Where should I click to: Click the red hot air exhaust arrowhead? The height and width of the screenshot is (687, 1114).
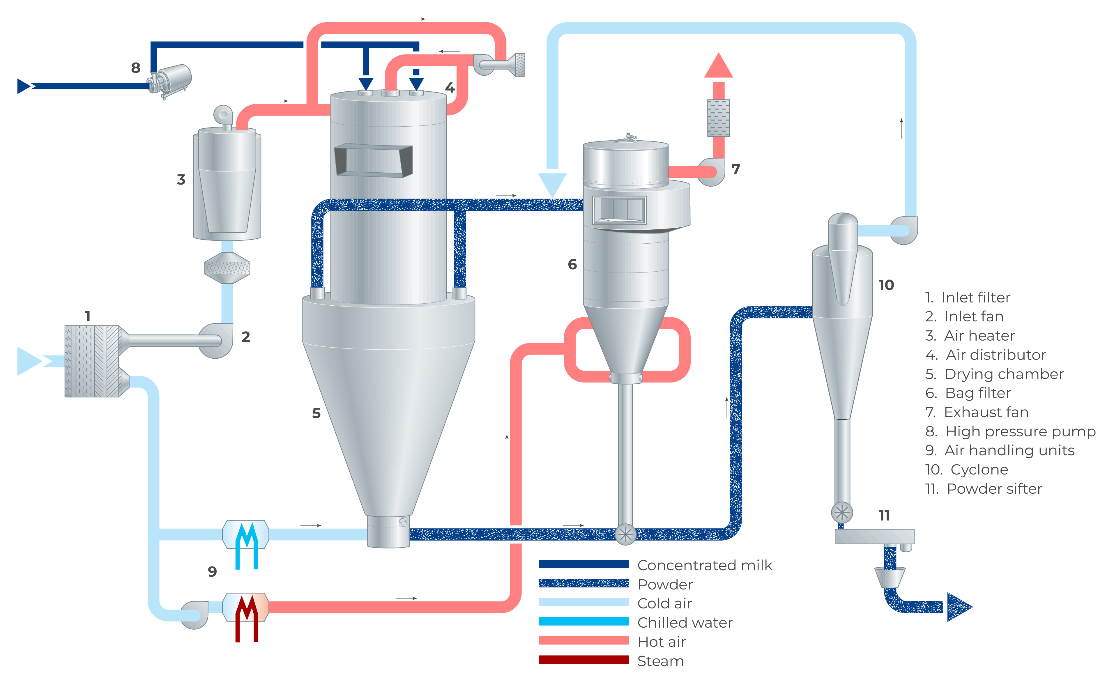click(x=718, y=65)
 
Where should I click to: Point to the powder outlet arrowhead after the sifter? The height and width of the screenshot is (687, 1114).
click(x=959, y=607)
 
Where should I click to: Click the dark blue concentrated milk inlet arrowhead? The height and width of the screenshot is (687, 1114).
click(x=24, y=86)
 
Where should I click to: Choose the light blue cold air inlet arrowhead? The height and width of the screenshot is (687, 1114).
click(x=28, y=361)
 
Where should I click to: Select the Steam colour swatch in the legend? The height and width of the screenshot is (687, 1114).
click(x=583, y=659)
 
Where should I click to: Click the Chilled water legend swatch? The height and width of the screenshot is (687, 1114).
click(x=583, y=621)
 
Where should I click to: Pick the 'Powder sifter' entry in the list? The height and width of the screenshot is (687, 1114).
click(x=994, y=488)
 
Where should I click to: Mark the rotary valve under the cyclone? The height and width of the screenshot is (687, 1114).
click(x=841, y=513)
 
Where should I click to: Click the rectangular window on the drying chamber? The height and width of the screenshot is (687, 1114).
click(x=374, y=160)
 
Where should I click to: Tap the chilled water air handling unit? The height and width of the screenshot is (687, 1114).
click(x=245, y=534)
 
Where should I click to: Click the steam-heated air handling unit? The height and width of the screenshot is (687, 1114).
click(x=245, y=607)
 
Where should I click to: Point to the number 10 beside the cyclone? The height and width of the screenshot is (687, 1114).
click(x=886, y=285)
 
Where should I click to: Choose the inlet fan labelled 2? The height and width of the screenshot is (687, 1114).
click(x=217, y=340)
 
